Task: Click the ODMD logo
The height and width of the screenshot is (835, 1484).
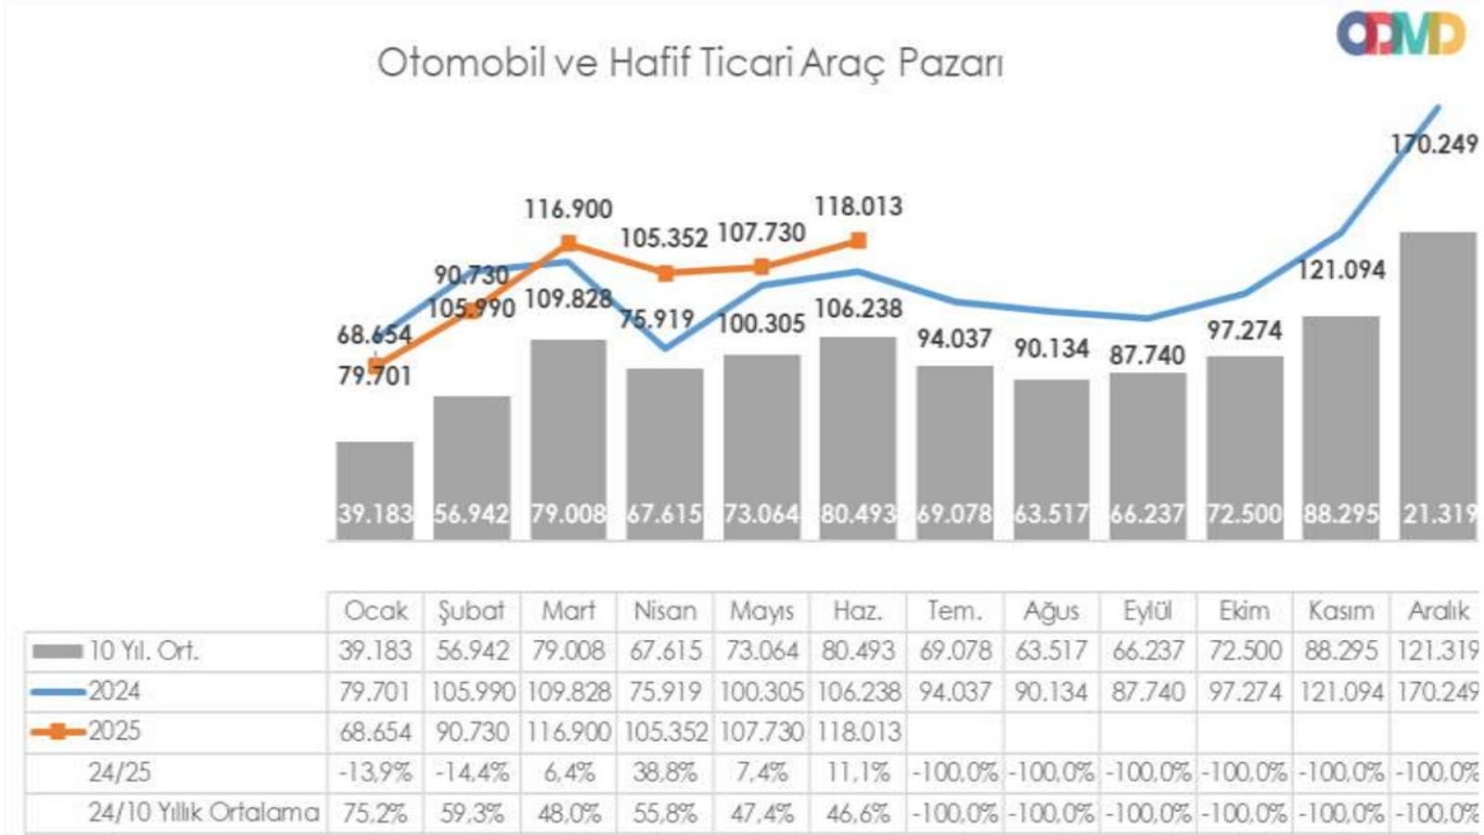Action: click(1401, 34)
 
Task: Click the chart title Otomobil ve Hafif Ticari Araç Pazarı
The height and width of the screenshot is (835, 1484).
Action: click(690, 63)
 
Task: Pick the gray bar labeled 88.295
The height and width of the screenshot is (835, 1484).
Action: click(1340, 427)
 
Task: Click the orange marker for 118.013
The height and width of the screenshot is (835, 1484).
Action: click(858, 241)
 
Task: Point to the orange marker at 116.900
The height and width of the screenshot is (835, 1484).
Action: click(569, 244)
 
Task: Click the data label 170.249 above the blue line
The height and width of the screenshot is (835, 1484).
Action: click(1434, 144)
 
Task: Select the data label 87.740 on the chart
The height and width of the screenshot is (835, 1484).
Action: click(1147, 355)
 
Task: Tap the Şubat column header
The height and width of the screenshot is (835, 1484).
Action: click(471, 610)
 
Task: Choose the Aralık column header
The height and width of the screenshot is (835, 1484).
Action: click(1438, 610)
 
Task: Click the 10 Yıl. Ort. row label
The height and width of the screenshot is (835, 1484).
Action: click(144, 651)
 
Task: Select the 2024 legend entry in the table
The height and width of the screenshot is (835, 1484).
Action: click(114, 691)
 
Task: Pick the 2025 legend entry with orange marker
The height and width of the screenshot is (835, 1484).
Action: click(114, 731)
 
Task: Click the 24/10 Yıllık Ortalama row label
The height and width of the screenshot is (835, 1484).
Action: click(203, 813)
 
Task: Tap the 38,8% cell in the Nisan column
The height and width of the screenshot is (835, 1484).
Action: click(664, 772)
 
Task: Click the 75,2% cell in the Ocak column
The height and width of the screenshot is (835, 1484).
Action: click(375, 814)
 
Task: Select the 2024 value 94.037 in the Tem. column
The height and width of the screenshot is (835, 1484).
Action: click(954, 692)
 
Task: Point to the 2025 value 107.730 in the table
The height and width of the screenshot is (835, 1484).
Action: click(761, 732)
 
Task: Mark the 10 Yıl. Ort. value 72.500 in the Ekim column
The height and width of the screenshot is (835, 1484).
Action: click(1243, 651)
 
